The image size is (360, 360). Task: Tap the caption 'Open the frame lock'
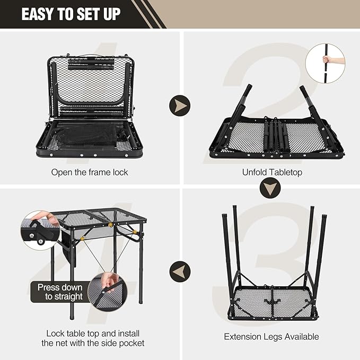pos(90,172)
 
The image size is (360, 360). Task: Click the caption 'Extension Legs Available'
pos(271,336)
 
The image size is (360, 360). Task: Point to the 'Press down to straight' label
pos(59,292)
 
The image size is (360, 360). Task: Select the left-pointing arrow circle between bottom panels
pos(180,272)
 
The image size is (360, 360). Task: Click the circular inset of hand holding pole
pos(325,63)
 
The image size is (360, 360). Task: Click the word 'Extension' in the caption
pos(242,336)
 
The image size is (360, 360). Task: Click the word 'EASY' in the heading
pos(38,14)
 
